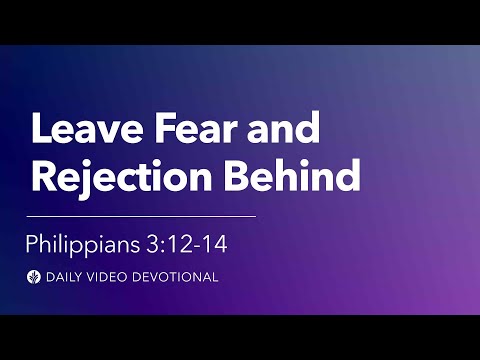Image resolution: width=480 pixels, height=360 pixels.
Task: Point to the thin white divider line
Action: tap(140, 215)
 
